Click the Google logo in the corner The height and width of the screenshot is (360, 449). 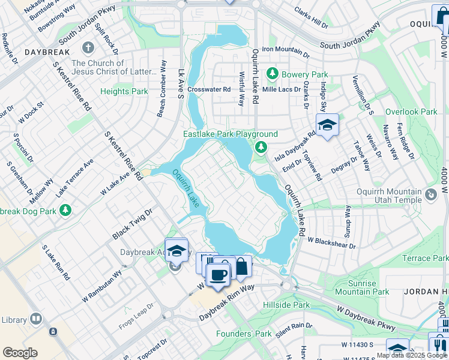point(20,353)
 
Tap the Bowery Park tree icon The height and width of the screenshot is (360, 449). point(272,74)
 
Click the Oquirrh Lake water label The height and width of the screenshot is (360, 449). point(186,188)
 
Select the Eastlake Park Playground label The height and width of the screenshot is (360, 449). point(231,134)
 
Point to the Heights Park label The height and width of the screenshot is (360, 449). point(124,91)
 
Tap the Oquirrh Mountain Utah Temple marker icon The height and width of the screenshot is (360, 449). point(430,194)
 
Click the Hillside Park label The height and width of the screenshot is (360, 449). point(286,305)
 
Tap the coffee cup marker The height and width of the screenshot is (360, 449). point(217,274)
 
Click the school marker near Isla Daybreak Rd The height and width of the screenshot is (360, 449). point(327,125)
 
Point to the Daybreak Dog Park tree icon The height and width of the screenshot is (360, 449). point(65,211)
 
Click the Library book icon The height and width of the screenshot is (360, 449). point(36,318)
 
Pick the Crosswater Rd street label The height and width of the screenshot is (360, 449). point(209,89)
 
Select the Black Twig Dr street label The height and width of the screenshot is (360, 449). point(132,225)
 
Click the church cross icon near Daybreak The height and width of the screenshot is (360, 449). point(88,47)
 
